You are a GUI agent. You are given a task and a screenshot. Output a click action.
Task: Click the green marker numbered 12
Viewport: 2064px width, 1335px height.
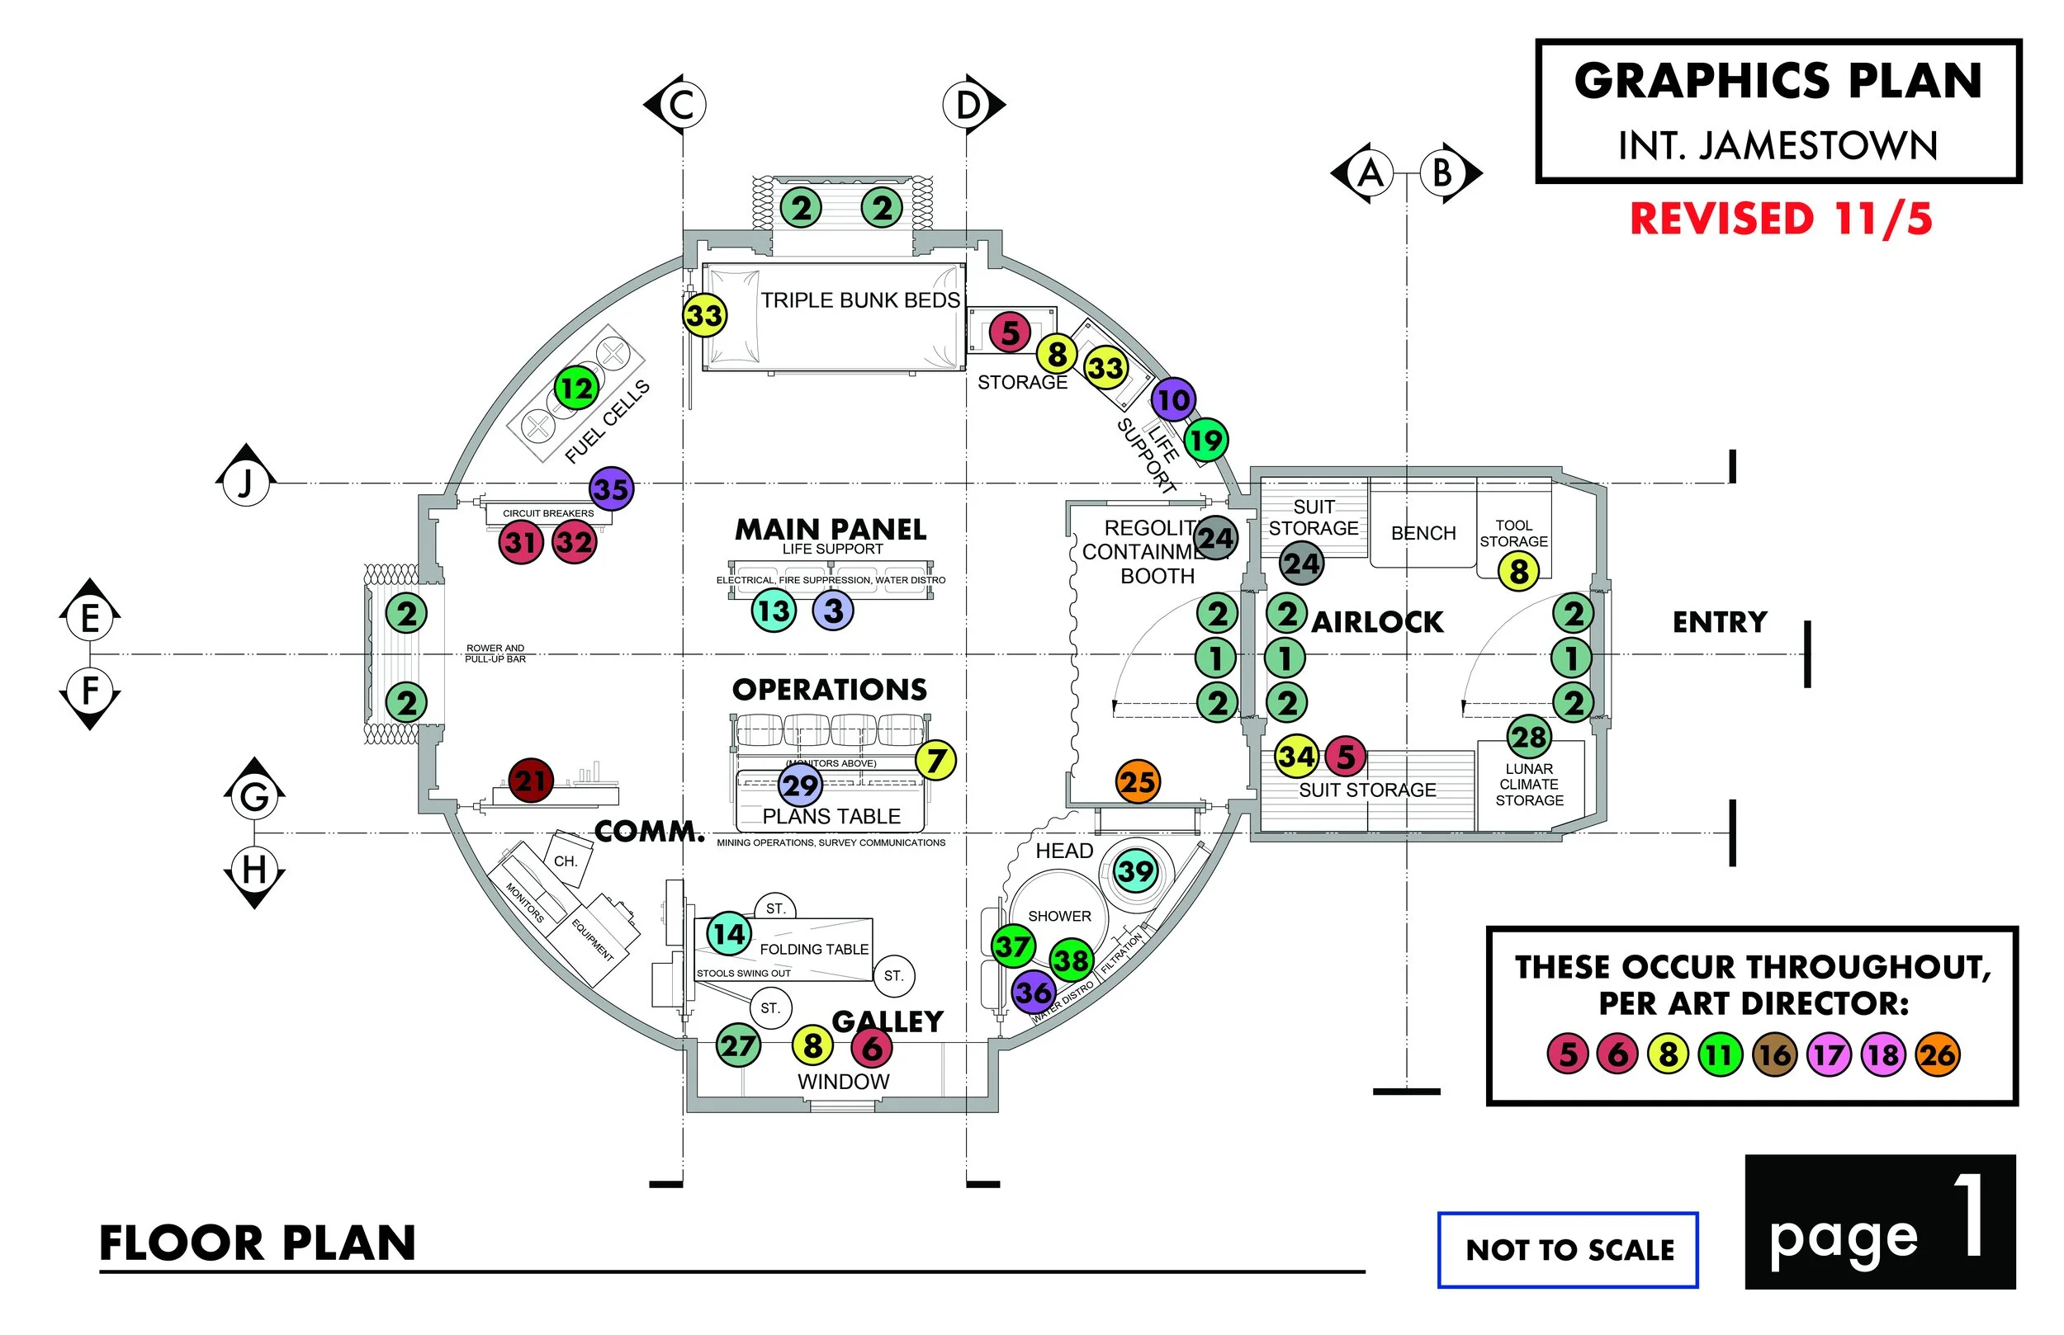tap(575, 388)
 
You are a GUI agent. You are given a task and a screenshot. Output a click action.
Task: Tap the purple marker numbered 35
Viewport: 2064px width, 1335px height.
tap(612, 489)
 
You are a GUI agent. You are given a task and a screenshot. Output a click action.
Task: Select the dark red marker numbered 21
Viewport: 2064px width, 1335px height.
tap(531, 781)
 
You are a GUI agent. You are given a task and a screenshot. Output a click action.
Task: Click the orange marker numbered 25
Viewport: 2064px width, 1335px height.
tap(1138, 782)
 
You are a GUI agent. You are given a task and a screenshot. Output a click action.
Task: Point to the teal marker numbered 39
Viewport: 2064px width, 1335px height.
tap(1136, 871)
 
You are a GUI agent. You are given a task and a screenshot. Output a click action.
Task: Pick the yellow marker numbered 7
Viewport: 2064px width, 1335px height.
tap(935, 760)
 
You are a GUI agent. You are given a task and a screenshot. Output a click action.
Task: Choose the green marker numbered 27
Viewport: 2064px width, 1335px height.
tap(738, 1045)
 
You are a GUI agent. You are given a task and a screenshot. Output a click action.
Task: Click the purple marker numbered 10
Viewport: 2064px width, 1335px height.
tap(1173, 399)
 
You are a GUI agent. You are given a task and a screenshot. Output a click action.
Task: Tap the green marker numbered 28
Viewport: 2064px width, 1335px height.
tap(1529, 737)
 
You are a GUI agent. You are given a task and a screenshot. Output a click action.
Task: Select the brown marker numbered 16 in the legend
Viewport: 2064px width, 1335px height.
tap(1774, 1055)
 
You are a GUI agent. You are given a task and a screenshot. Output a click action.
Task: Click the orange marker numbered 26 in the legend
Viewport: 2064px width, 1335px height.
tap(1938, 1055)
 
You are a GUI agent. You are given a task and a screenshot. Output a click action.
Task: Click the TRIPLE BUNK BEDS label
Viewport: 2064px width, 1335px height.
tap(860, 300)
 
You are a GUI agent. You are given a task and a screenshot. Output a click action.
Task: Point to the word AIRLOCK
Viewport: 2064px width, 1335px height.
tap(1377, 621)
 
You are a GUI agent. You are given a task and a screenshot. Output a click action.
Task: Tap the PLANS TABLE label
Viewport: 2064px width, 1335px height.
tap(831, 816)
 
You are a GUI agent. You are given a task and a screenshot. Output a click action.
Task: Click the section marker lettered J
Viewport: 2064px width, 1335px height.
tap(246, 482)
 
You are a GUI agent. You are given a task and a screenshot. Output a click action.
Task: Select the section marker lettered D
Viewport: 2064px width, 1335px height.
tap(968, 105)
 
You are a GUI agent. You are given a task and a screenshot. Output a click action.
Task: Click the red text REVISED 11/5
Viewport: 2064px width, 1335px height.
tap(1781, 219)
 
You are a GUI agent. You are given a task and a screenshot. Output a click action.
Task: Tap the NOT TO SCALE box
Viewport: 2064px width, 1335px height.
tap(1569, 1249)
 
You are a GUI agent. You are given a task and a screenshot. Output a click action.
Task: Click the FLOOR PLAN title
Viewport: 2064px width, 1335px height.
tap(258, 1243)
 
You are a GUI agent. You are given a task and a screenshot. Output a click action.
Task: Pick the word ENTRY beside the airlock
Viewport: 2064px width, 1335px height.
tap(1719, 621)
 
